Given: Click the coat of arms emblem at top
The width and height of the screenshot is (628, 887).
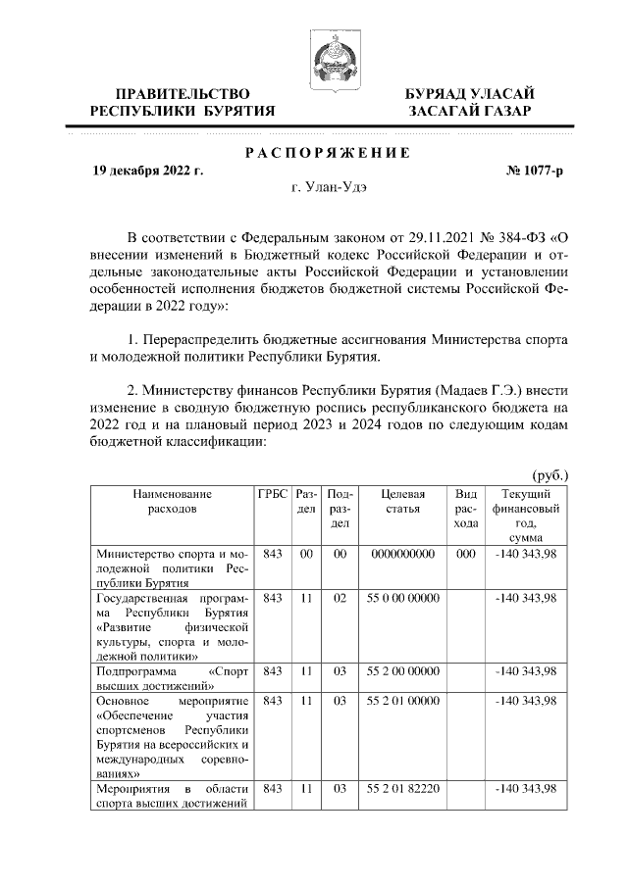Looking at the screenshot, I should pyautogui.click(x=328, y=55).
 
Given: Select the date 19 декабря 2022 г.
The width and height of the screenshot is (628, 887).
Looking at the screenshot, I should pyautogui.click(x=147, y=171).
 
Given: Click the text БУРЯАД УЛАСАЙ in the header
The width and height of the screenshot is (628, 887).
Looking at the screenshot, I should pyautogui.click(x=470, y=93).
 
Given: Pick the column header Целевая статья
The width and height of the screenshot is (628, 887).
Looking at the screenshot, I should pyautogui.click(x=403, y=502).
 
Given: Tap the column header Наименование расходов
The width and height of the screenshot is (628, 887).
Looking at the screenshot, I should pyautogui.click(x=172, y=502).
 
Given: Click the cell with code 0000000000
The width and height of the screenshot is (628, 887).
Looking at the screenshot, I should pyautogui.click(x=403, y=555).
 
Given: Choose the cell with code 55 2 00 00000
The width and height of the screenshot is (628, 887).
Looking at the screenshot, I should pyautogui.click(x=403, y=671).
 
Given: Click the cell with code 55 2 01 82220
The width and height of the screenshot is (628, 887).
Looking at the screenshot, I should pyautogui.click(x=403, y=789).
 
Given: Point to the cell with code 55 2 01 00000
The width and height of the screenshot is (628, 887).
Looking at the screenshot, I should pyautogui.click(x=403, y=701).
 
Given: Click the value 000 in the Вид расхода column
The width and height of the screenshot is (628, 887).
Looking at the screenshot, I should pyautogui.click(x=466, y=555).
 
